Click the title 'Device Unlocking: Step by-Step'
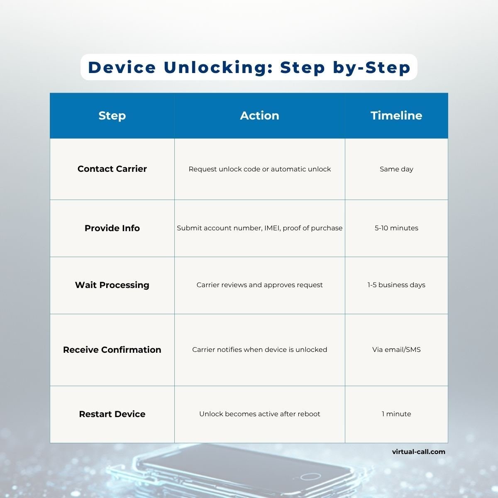(x=249, y=67)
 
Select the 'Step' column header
(x=112, y=115)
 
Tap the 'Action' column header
(x=259, y=115)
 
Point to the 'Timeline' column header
(x=396, y=115)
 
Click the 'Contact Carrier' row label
(x=112, y=169)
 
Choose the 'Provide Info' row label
(x=112, y=228)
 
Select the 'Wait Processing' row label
(x=112, y=285)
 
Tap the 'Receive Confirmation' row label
(x=112, y=350)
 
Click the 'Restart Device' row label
(x=112, y=414)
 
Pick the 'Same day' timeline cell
(x=396, y=169)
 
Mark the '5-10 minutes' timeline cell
(x=396, y=228)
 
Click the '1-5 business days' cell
(x=396, y=285)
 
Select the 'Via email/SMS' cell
(x=396, y=350)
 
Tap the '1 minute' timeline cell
(x=396, y=414)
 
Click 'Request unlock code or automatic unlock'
(x=259, y=169)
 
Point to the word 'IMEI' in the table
(x=272, y=228)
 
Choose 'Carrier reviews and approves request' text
(x=259, y=285)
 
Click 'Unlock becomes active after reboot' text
(x=259, y=414)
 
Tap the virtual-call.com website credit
(x=418, y=452)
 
